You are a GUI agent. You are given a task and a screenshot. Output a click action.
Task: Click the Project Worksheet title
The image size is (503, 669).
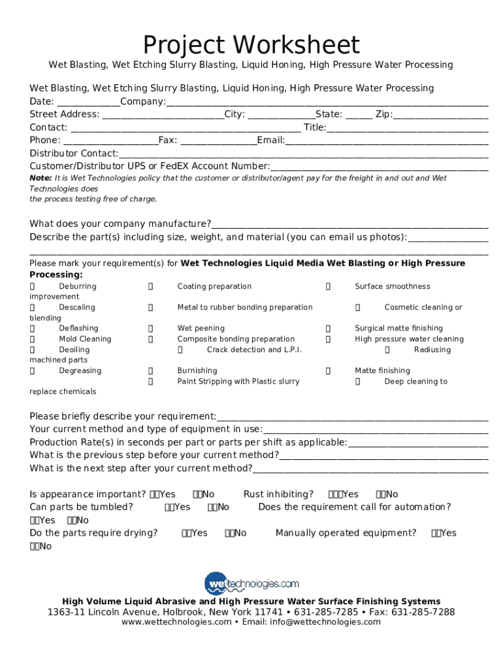pyautogui.click(x=252, y=45)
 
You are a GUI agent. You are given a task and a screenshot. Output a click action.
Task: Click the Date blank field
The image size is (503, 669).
pyautogui.click(x=89, y=102)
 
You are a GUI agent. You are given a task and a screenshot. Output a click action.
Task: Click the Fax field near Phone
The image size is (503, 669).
pyautogui.click(x=218, y=140)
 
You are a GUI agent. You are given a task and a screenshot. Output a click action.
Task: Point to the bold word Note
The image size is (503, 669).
pyautogui.click(x=41, y=178)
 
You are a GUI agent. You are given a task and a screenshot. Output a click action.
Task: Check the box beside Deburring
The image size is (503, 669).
pyautogui.click(x=33, y=287)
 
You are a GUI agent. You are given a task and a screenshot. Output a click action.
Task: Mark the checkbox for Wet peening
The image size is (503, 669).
pyautogui.click(x=151, y=329)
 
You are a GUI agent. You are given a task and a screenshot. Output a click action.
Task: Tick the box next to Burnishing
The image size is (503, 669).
pyautogui.click(x=151, y=371)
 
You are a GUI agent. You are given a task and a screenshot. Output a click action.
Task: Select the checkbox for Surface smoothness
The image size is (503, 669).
pyautogui.click(x=329, y=287)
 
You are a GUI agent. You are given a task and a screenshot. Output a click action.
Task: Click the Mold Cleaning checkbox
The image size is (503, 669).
pyautogui.click(x=33, y=339)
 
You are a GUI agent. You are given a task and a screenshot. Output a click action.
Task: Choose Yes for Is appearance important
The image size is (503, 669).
pyautogui.click(x=155, y=495)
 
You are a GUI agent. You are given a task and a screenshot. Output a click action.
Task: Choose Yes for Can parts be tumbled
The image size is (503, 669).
pyautogui.click(x=170, y=508)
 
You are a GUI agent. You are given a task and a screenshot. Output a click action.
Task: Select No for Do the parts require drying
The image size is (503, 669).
pyautogui.click(x=229, y=534)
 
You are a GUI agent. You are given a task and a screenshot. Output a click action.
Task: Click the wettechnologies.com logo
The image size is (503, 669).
pyautogui.click(x=252, y=582)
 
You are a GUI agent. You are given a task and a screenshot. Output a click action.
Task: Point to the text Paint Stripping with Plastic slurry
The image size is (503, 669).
pyautogui.click(x=238, y=382)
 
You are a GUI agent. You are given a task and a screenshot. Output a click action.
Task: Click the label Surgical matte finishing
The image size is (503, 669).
pyautogui.click(x=398, y=329)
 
